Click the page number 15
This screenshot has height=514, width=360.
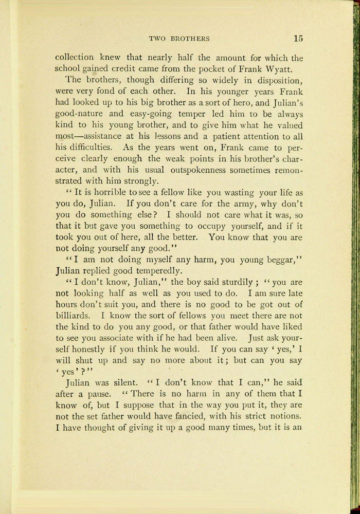coord(298,38)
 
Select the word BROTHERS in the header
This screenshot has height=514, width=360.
coord(191,39)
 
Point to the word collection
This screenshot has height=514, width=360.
coord(75,58)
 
